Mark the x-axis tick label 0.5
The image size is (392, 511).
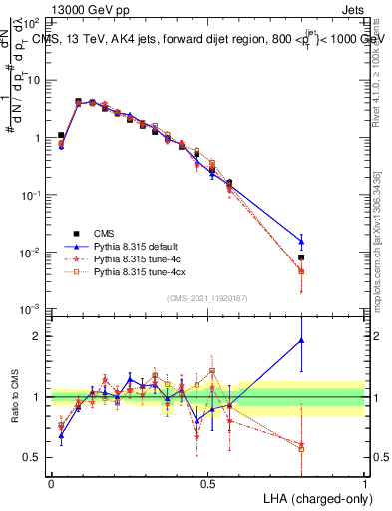[x=207, y=483]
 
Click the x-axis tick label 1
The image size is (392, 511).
[x=364, y=483]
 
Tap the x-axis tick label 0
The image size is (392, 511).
[x=51, y=483]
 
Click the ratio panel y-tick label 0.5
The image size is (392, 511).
[x=34, y=457]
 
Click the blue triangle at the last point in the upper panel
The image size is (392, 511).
[x=301, y=240]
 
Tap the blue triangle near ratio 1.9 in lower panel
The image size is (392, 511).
[x=301, y=340]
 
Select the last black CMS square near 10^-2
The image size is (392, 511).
[x=301, y=257]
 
